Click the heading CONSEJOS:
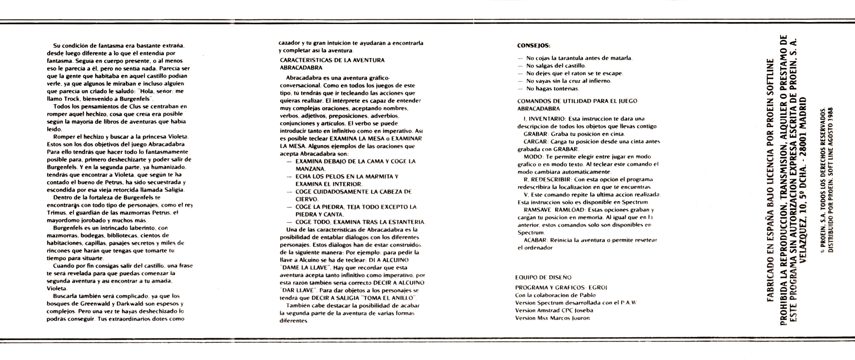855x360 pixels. (534, 45)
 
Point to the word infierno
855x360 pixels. (599, 81)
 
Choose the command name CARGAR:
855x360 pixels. (535, 142)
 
